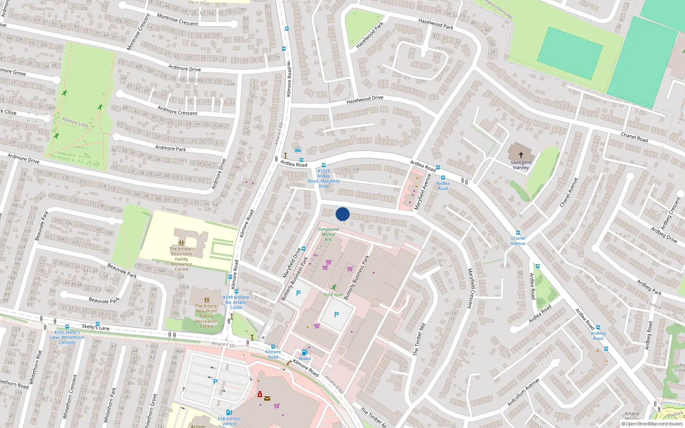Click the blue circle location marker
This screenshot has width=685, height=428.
point(342,214)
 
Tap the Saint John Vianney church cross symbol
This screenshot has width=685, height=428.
point(521,155)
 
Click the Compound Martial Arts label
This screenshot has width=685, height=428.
point(328,234)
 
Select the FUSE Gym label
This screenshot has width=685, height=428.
point(334,294)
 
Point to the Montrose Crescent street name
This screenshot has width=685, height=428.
point(177,20)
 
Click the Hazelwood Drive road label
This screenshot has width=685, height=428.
point(365,100)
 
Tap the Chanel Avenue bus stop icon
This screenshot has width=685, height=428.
point(518,233)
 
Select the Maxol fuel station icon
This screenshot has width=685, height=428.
point(304,352)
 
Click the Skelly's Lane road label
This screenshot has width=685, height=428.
point(95,327)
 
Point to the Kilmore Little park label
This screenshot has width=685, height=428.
point(75,122)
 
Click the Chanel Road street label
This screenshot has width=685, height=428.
point(634,137)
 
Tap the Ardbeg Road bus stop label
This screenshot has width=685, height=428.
point(598,336)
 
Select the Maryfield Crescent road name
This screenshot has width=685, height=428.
point(470,288)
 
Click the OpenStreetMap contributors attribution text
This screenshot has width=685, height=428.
point(652,424)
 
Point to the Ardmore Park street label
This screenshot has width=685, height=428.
point(170,148)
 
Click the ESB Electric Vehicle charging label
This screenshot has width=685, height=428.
point(229,421)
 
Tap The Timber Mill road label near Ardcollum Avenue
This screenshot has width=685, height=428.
point(419,339)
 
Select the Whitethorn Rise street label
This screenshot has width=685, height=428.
point(36,366)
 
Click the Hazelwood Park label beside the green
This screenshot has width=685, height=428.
point(370,35)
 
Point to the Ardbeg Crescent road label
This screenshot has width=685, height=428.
point(670,213)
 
